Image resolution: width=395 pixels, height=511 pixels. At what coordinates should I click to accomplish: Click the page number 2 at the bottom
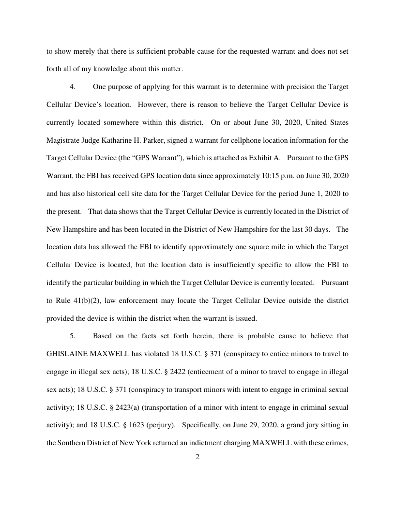(197, 457)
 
